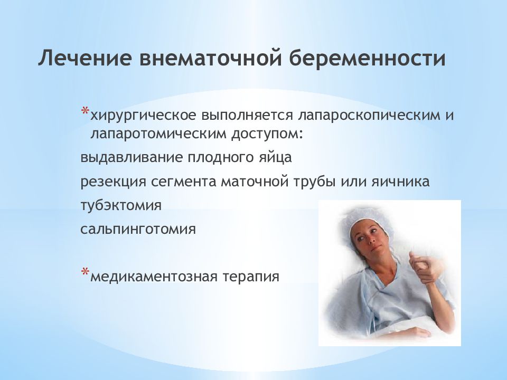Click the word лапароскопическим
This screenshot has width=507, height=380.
click(x=363, y=116)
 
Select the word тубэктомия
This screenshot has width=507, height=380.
click(x=120, y=205)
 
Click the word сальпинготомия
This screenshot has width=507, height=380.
click(x=138, y=230)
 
